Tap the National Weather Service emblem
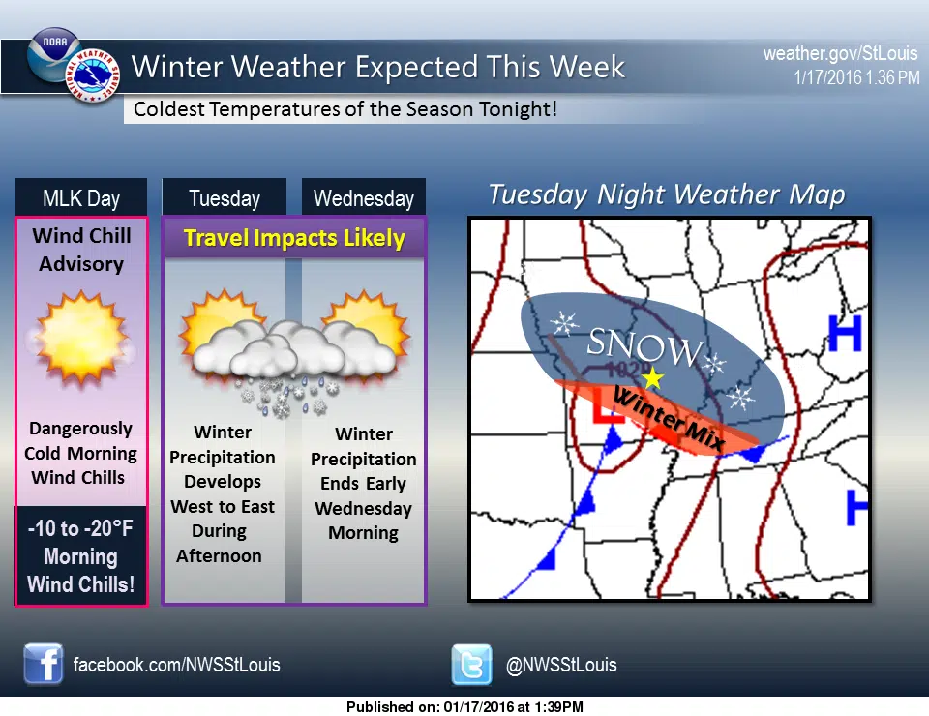point(93,75)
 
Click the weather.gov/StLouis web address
point(840,54)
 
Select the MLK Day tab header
point(81,197)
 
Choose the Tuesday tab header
point(224,197)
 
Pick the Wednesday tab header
point(364,197)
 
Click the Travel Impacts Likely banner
point(294,238)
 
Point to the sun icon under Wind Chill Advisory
point(81,338)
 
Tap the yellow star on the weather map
point(652,378)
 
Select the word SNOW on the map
point(644,346)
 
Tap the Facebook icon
point(44,664)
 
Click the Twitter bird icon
point(471,665)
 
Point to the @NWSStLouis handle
point(561,665)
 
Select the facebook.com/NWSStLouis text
point(176,665)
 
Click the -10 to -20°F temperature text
point(80,528)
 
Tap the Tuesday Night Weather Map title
point(667,194)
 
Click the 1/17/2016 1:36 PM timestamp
point(856,77)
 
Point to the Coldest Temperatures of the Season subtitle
point(345,109)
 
